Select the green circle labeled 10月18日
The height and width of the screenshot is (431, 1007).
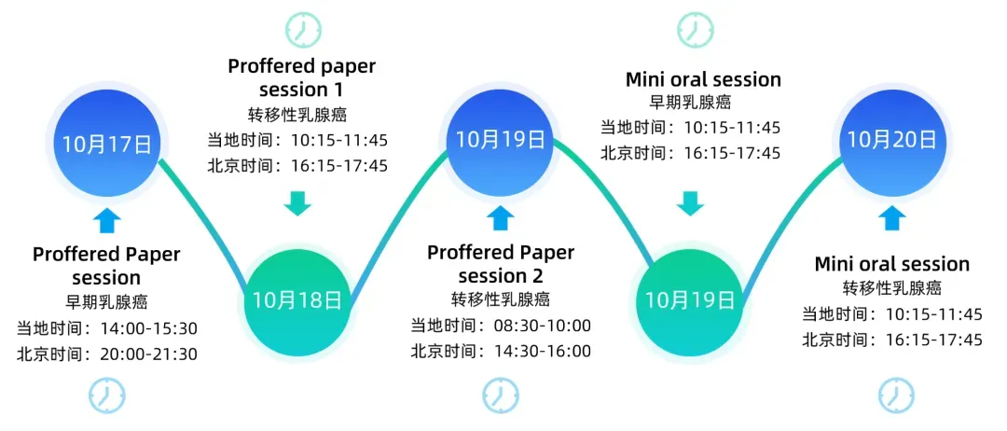tap(297, 300)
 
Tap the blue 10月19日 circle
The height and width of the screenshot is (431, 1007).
tap(500, 140)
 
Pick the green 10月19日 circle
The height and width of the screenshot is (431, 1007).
tap(690, 299)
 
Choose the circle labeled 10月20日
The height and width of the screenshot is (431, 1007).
tap(890, 140)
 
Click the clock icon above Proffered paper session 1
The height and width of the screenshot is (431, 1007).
tap(300, 29)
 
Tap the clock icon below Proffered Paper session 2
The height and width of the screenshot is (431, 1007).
tap(501, 396)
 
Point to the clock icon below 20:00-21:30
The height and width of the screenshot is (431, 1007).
tap(106, 396)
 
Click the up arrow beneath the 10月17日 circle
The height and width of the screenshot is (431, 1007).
tap(107, 220)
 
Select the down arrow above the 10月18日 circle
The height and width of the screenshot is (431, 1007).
tap(297, 202)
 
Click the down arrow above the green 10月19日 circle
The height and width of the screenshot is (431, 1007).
tap(690, 202)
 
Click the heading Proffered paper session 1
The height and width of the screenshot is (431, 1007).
tap(301, 78)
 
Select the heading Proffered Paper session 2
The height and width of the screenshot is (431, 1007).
tap(501, 264)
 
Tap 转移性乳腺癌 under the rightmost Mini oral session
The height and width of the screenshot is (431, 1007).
tap(892, 288)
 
